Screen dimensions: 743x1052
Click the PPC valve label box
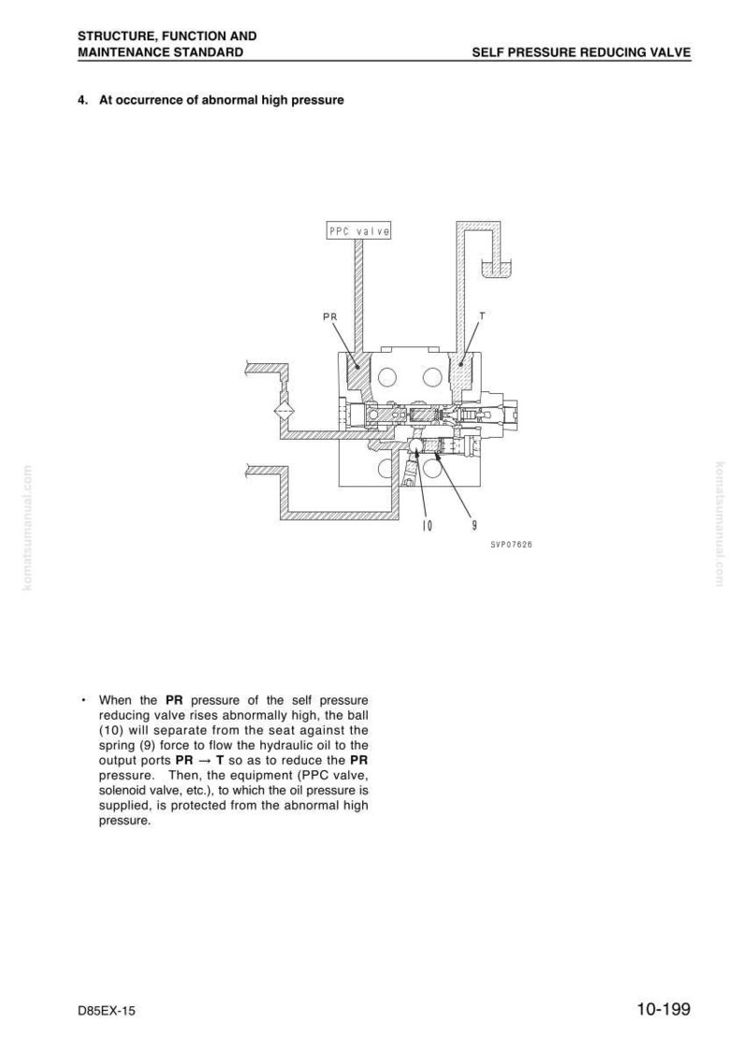(358, 231)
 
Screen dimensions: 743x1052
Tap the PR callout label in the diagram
(329, 316)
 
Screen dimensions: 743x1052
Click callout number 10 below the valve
(427, 527)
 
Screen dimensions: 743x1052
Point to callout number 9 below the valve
(474, 527)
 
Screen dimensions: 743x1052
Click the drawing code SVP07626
(511, 545)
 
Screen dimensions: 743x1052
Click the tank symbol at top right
(497, 269)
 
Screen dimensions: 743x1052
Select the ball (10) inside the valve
(415, 445)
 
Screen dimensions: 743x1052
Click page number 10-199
(663, 1009)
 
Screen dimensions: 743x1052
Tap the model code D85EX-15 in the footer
(106, 1011)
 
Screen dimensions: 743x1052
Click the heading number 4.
(82, 100)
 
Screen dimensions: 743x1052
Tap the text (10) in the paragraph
(109, 731)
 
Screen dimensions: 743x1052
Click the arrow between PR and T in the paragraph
(205, 761)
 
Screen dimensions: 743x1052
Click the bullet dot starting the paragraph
(81, 700)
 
